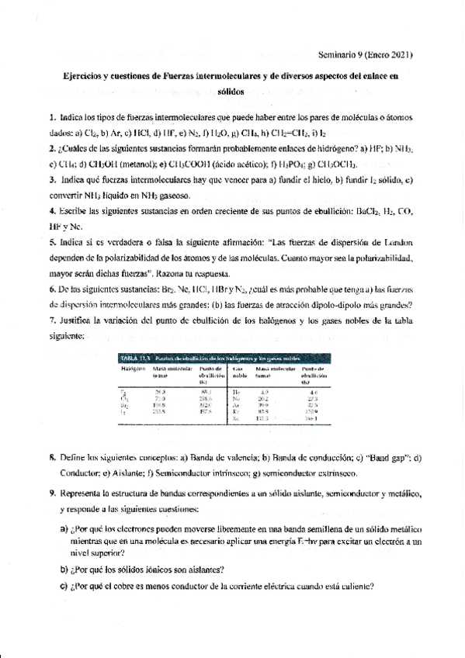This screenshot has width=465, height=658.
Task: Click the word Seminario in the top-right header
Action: tap(337, 55)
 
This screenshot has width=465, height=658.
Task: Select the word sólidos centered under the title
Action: tap(231, 92)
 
